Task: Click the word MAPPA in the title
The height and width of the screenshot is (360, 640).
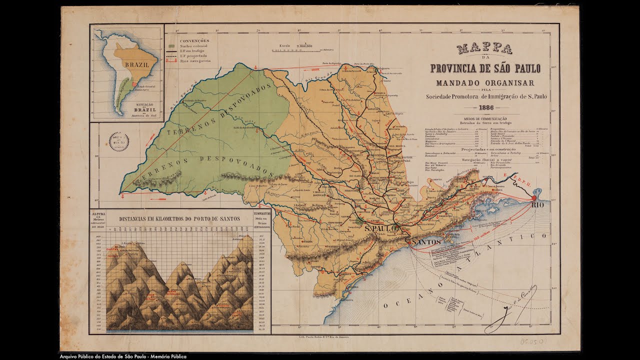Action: pos(484,48)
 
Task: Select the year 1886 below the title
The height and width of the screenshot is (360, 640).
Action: pos(485,108)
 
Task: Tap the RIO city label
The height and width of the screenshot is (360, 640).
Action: pos(537,205)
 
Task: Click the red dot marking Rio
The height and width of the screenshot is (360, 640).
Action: pos(534,197)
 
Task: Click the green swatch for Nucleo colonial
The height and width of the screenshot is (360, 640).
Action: pos(171,46)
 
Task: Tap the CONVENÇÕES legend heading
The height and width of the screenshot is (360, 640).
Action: pos(195,40)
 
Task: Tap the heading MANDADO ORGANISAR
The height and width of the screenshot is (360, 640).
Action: pos(485,82)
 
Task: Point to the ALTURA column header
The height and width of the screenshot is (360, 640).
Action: pos(97,213)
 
